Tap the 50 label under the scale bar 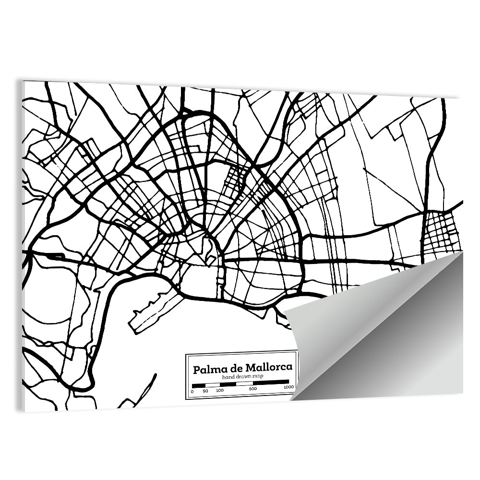[x=205, y=391]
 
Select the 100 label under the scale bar [x=220, y=391]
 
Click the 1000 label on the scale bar [x=288, y=387]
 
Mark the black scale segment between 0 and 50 [x=199, y=385]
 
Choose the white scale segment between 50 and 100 [x=213, y=385]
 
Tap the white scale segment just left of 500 [x=244, y=384]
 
